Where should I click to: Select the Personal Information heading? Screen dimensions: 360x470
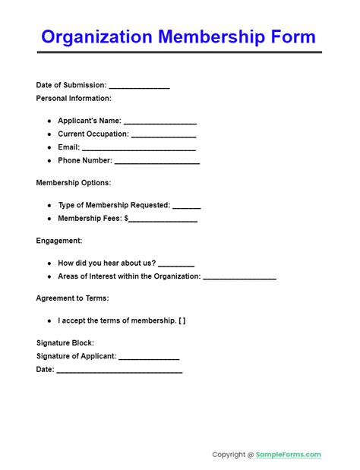[x=74, y=99]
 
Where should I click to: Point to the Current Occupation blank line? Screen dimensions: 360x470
[x=164, y=135]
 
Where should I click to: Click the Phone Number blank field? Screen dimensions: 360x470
[x=157, y=162]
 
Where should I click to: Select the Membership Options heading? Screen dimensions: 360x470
[x=74, y=183]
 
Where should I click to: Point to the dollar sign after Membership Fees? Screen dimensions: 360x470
[x=128, y=219]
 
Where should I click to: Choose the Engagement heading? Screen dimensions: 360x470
[x=59, y=241]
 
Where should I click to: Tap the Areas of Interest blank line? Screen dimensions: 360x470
[x=239, y=277]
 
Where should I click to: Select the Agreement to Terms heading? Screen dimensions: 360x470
[x=72, y=298]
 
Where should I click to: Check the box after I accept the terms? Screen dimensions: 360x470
[x=182, y=320]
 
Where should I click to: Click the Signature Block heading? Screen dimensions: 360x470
[x=65, y=343]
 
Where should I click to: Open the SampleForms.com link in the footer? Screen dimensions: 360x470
[x=289, y=455]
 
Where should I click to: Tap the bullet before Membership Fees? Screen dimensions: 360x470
[x=49, y=219]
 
